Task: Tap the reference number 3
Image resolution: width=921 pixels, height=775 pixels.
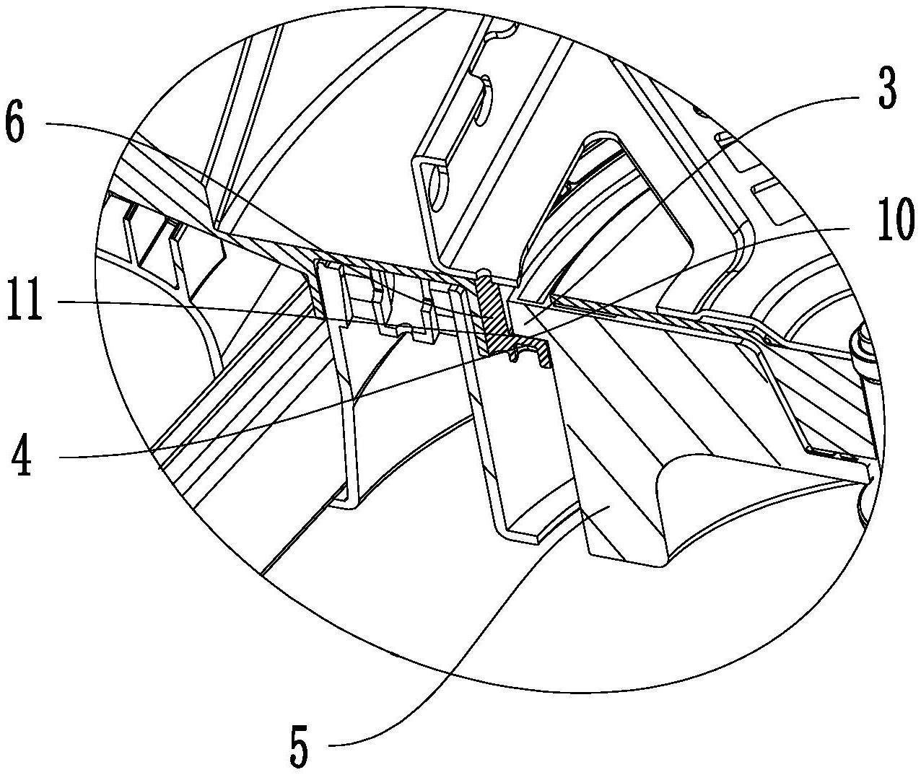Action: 887,88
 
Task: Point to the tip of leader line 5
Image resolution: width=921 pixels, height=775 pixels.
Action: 610,508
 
